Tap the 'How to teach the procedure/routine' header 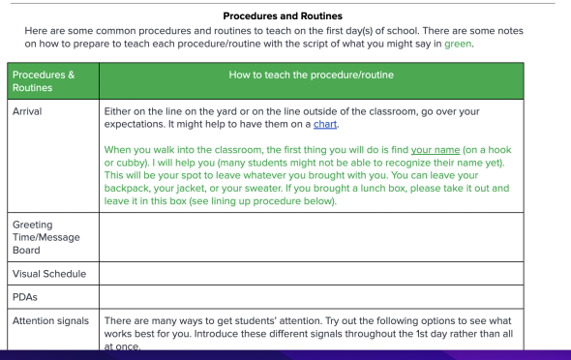311,75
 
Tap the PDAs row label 25,297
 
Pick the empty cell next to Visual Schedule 311,274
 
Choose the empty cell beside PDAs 311,297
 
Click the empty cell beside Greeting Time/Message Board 311,238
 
